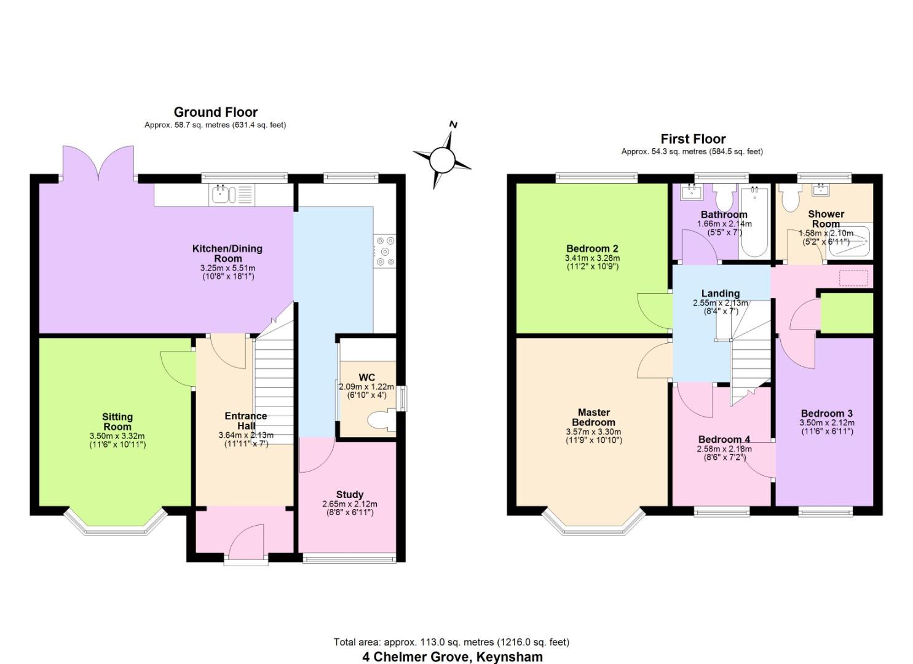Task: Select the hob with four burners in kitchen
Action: [x=385, y=251]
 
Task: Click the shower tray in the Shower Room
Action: [x=856, y=242]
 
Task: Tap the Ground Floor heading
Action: [x=215, y=112]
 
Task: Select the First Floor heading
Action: [x=693, y=139]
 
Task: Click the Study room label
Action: [x=349, y=494]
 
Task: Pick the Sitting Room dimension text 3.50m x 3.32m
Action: [x=117, y=436]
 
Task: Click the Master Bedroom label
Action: [x=593, y=417]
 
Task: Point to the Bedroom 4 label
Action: [x=724, y=440]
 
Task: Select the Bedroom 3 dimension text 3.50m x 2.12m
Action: [x=826, y=423]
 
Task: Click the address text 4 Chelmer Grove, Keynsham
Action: [x=452, y=657]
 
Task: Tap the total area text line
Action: [x=451, y=642]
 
